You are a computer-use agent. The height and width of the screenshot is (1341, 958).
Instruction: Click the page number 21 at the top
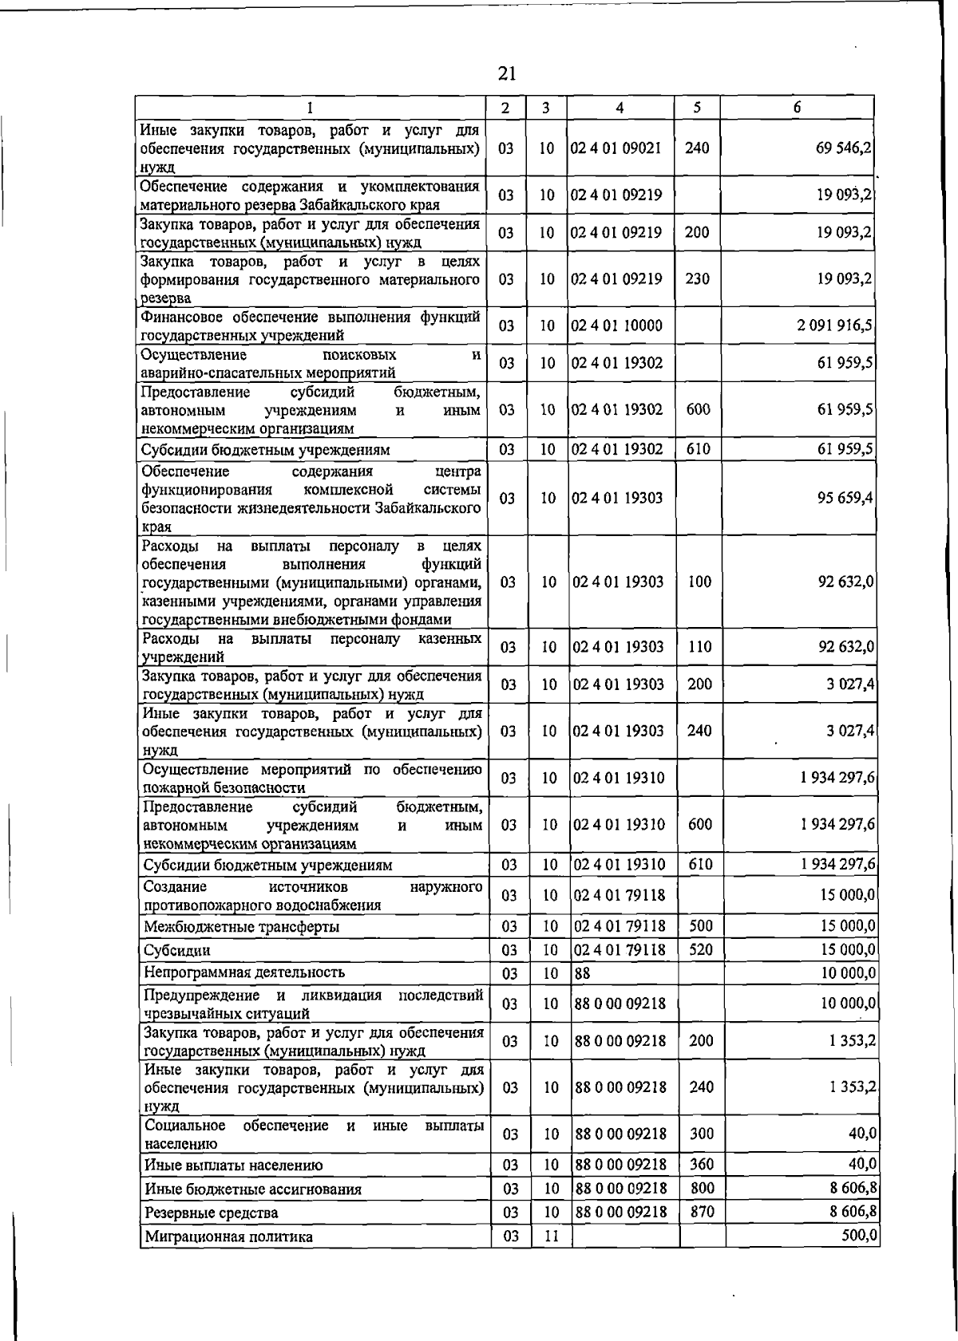click(x=506, y=74)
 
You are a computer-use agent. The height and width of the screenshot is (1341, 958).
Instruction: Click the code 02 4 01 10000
click(x=617, y=325)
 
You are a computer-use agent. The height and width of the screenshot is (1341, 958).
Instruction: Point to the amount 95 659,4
click(x=845, y=498)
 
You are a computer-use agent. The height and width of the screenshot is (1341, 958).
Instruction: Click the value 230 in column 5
click(x=698, y=279)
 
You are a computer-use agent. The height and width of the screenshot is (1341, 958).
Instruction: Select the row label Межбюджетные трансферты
click(x=241, y=927)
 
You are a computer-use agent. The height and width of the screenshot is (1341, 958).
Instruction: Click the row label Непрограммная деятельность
click(x=244, y=972)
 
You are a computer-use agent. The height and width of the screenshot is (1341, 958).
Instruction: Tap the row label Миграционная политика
click(x=228, y=1236)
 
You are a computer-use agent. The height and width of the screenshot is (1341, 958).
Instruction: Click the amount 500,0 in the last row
click(x=861, y=1236)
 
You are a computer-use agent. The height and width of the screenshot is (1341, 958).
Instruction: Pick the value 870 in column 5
click(x=703, y=1212)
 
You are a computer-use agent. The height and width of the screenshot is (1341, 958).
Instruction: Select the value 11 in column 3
click(x=550, y=1236)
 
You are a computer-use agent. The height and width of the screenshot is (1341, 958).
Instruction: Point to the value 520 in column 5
click(x=701, y=949)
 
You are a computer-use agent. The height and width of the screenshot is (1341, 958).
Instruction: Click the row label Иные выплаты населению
click(x=234, y=1165)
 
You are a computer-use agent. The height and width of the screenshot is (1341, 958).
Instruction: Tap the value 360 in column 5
click(x=702, y=1165)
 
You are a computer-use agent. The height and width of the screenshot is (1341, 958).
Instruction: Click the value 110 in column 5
click(x=699, y=647)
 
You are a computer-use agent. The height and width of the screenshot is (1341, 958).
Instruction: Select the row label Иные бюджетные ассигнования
click(x=253, y=1189)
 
